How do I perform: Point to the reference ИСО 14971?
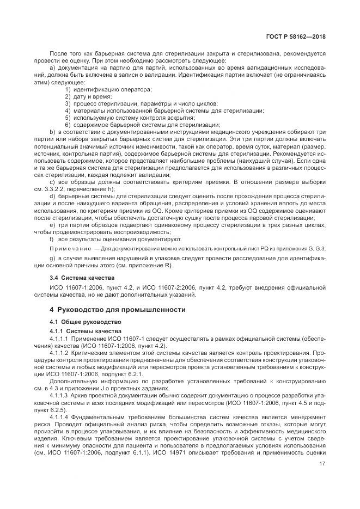[169, 452]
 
